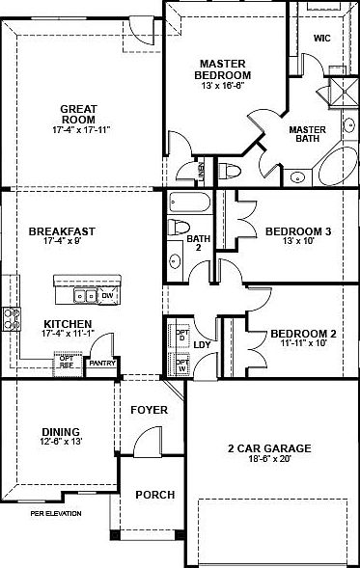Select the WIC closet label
(322, 39)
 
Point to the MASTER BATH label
(309, 133)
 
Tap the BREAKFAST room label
(61, 231)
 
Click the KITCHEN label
(68, 324)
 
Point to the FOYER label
(151, 410)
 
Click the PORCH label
(154, 495)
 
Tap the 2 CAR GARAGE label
(268, 448)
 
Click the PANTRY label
(101, 365)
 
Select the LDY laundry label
(203, 344)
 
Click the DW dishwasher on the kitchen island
(107, 295)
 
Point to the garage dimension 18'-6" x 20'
(268, 461)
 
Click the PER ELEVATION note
(55, 514)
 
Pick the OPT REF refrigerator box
(66, 362)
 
